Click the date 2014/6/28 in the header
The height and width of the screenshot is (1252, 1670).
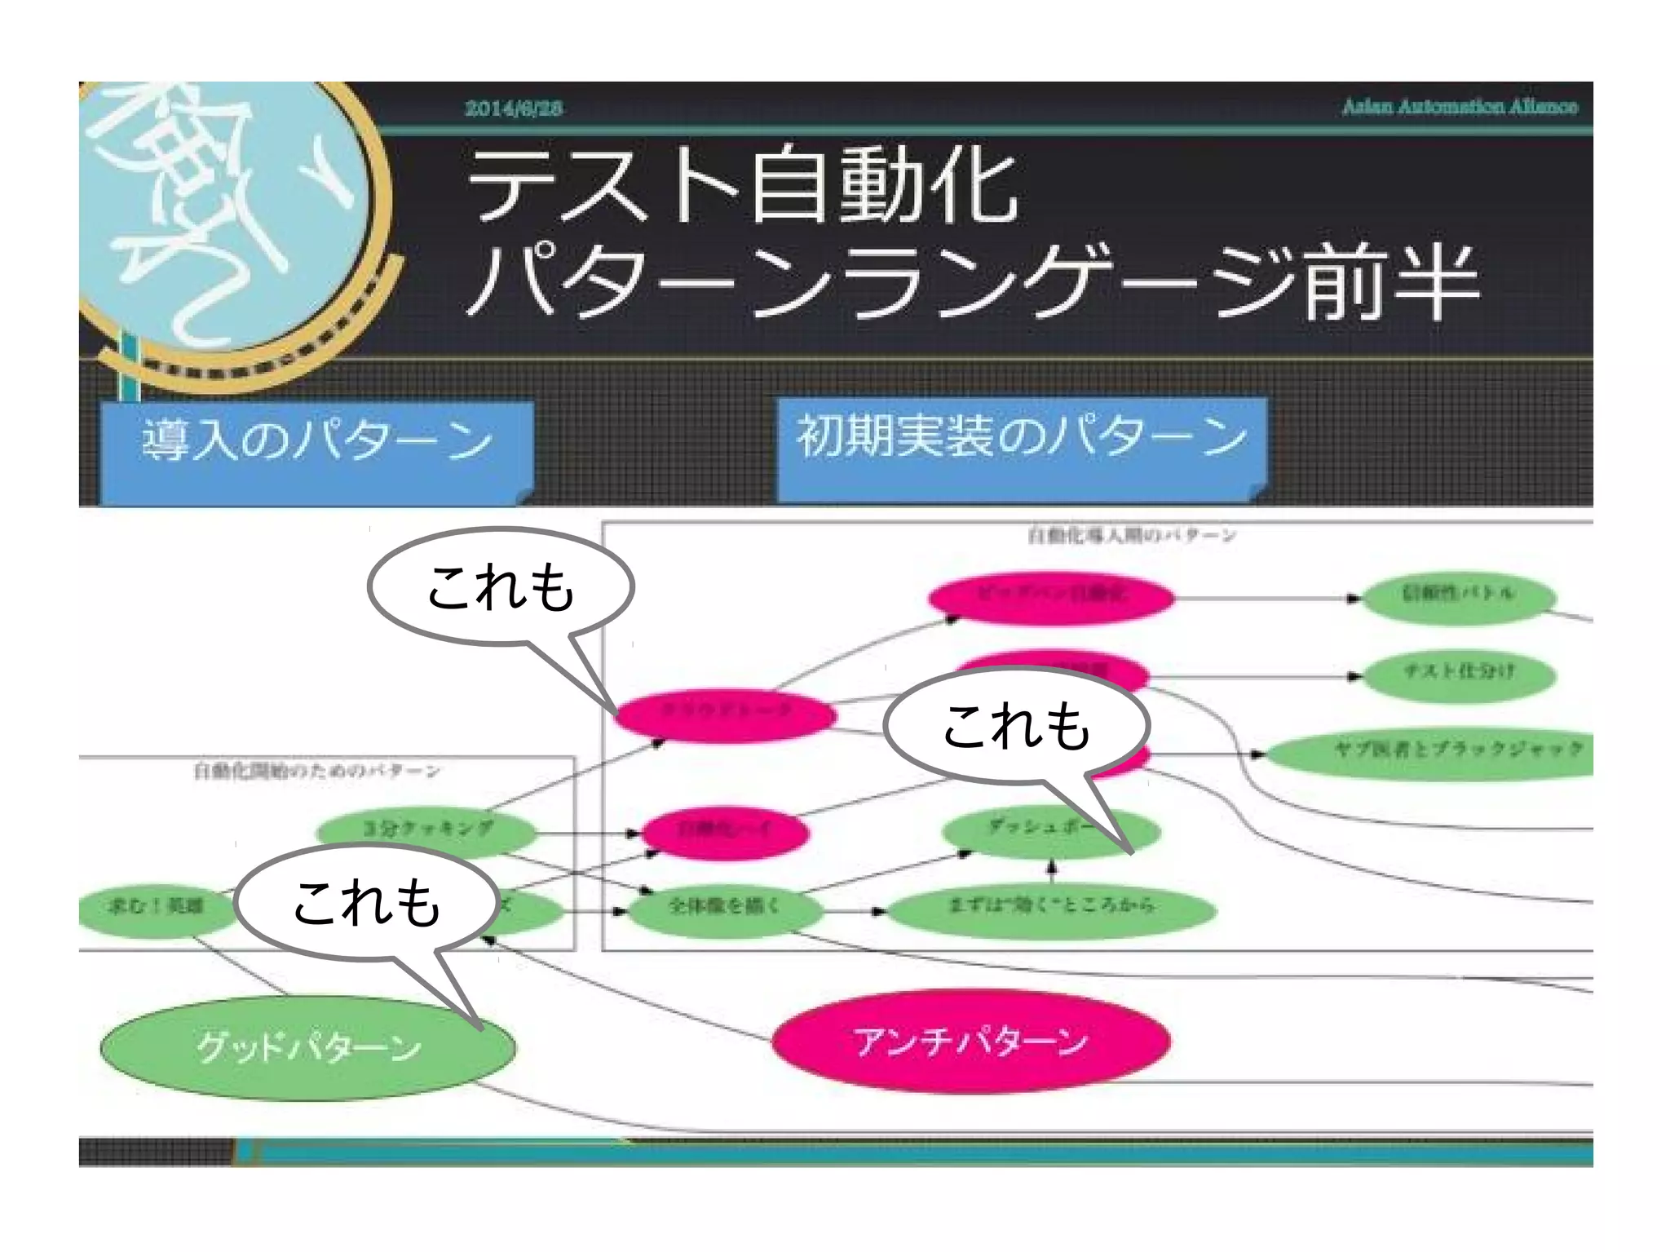[x=513, y=108]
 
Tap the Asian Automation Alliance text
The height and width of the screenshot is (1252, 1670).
[x=1460, y=107]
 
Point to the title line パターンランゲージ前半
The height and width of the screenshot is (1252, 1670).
[x=970, y=282]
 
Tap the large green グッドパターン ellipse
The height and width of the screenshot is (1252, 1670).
[x=308, y=1048]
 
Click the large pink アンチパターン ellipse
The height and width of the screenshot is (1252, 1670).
[x=970, y=1042]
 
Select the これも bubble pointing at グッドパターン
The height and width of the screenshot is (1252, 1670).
[x=367, y=901]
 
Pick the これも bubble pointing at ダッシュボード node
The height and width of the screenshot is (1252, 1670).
[x=1016, y=724]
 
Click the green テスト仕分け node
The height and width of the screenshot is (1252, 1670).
[x=1459, y=672]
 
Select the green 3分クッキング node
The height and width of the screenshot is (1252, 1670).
[x=426, y=830]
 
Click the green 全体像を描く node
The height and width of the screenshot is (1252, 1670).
[x=723, y=906]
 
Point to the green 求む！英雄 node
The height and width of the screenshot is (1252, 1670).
[x=155, y=906]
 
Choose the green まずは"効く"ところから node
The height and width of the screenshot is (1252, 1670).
[x=1051, y=905]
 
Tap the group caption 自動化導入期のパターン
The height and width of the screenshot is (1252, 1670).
[x=1131, y=536]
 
